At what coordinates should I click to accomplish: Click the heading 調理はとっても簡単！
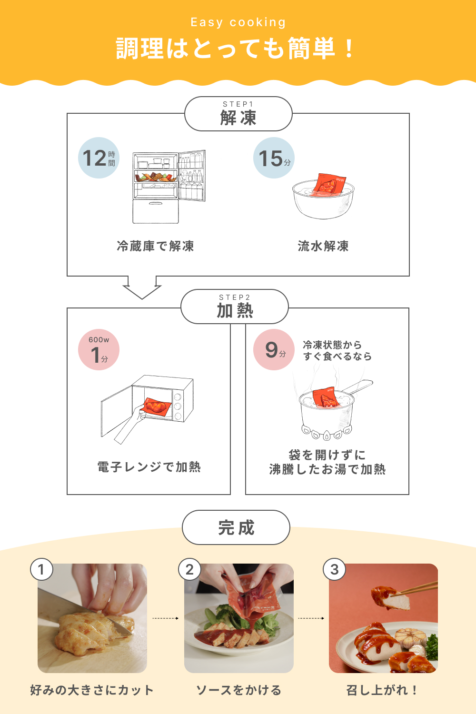236,49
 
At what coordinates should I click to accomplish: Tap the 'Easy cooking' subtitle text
238,22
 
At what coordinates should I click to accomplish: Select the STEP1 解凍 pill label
238,114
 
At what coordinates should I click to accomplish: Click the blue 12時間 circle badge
99,158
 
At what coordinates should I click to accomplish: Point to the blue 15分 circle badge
274,158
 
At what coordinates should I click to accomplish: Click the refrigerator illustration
169,187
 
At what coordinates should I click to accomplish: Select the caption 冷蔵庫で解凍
156,246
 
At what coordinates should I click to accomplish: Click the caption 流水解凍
323,246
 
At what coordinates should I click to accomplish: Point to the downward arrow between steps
142,288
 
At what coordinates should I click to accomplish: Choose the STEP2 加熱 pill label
235,307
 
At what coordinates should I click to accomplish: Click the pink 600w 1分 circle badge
99,350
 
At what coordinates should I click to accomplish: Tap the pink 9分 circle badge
274,350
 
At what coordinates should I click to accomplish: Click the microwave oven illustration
148,407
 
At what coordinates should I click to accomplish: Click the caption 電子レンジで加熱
149,467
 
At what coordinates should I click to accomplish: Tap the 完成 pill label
236,527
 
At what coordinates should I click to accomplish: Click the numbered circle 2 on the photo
189,569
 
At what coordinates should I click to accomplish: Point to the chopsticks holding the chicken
419,588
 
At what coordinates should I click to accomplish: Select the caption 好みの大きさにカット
92,690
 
